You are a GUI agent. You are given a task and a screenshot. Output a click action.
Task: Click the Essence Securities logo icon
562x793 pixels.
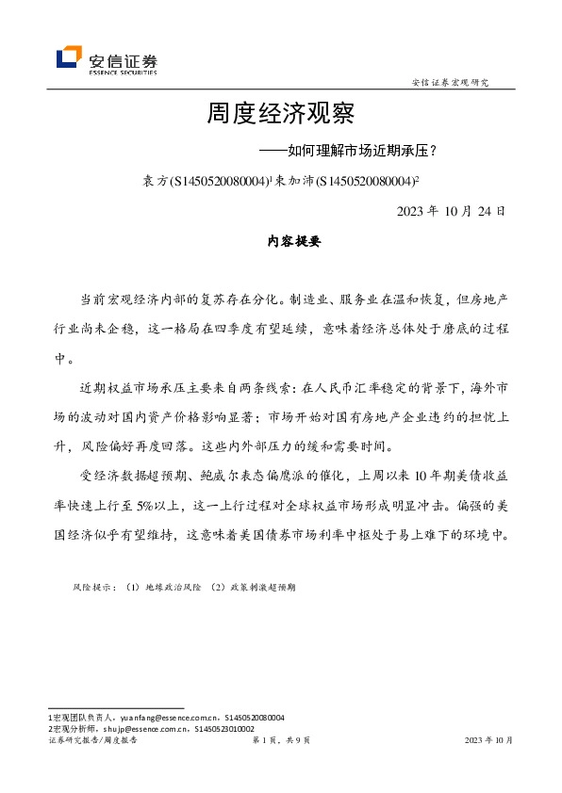68,57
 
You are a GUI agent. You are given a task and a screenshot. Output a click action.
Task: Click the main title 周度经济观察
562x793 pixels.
280,115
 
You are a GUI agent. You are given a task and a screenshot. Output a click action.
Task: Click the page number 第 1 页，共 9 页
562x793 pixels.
282,740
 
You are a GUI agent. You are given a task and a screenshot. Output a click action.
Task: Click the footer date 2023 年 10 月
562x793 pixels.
489,740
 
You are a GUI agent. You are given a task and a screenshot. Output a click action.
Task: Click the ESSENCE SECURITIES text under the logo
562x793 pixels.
123,70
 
